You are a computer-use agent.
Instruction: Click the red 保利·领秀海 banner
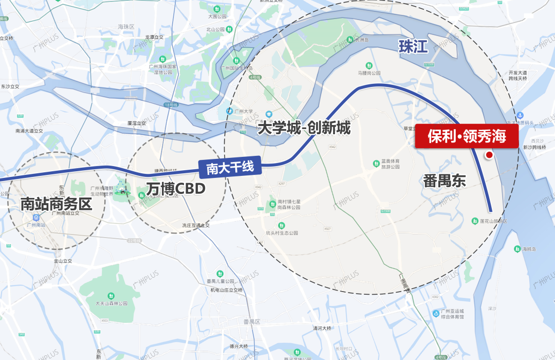tap(467, 136)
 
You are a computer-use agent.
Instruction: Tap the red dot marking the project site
tap(489, 155)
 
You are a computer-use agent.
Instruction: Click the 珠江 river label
tap(413, 47)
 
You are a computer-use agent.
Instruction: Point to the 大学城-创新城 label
tap(304, 128)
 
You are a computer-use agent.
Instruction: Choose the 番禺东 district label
tap(445, 181)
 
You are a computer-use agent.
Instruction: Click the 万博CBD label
tap(176, 189)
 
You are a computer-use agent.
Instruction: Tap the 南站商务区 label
tap(56, 204)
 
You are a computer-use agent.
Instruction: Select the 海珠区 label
tap(126, 27)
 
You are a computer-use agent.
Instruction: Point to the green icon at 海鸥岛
tap(517, 249)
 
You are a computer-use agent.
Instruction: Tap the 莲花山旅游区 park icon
tap(475, 221)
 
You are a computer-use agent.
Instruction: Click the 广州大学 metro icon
tap(229, 111)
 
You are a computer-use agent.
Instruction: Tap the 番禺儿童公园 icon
tap(220, 273)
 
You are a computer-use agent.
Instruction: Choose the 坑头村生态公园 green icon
tap(281, 225)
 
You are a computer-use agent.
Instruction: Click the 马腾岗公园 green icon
tap(368, 65)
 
